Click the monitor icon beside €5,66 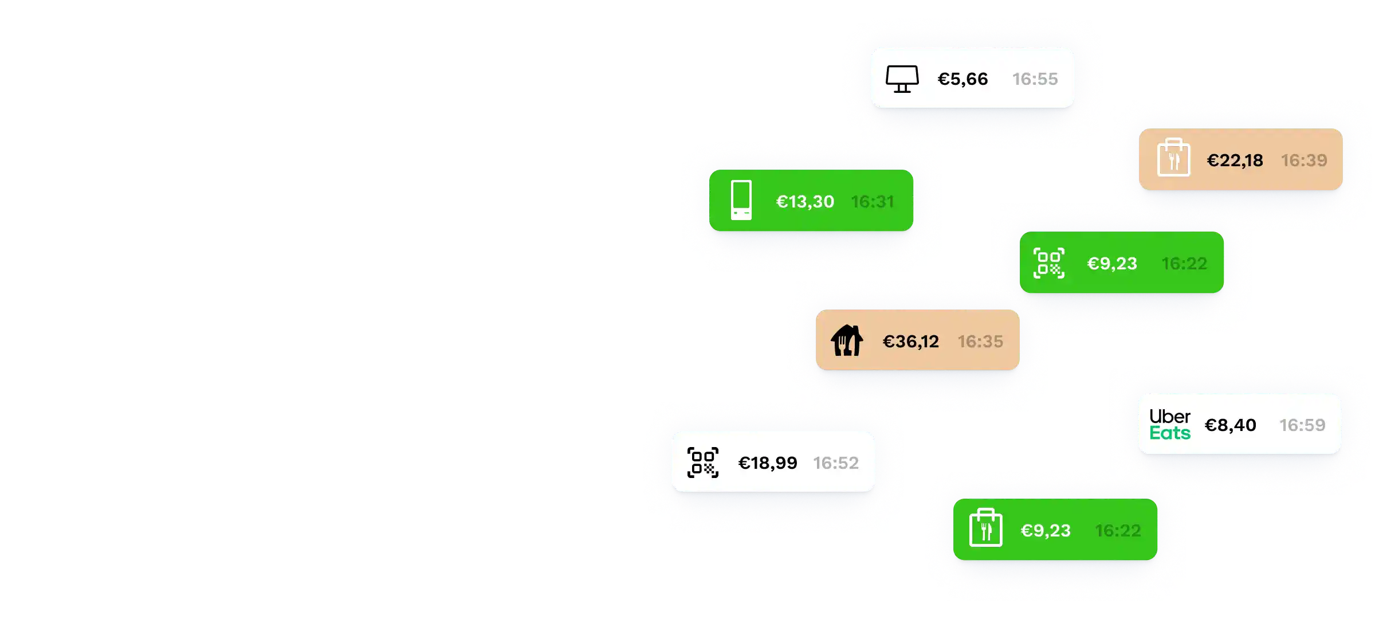(x=902, y=79)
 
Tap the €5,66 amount (x=962, y=79)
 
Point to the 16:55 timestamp (x=1035, y=79)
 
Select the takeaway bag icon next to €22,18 (x=1173, y=158)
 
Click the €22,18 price (x=1235, y=160)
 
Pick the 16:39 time (x=1304, y=160)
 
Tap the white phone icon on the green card (x=741, y=200)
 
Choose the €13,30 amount (x=805, y=202)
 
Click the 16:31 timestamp (x=873, y=202)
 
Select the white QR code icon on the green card (x=1049, y=263)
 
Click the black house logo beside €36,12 (x=847, y=340)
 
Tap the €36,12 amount (x=911, y=342)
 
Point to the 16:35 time (x=980, y=342)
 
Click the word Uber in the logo (x=1170, y=416)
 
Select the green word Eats (x=1170, y=433)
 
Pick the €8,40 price (x=1231, y=425)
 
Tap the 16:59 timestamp (x=1302, y=425)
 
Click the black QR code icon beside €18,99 (x=703, y=463)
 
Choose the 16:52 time (x=836, y=463)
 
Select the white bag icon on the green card (x=985, y=528)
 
